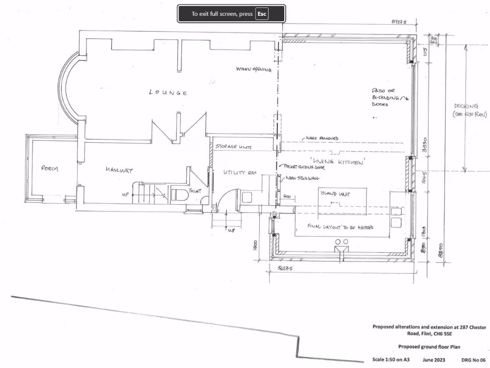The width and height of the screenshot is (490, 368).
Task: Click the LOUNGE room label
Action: (168, 92)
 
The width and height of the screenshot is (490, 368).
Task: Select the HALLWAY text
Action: (119, 170)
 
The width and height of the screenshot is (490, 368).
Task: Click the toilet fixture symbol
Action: (178, 195)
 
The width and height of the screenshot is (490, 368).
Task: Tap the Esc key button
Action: (261, 14)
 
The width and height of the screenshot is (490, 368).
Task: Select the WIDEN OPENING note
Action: (254, 69)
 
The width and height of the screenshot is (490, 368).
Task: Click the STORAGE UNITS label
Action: (233, 147)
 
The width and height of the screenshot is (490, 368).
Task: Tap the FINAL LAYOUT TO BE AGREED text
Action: (341, 227)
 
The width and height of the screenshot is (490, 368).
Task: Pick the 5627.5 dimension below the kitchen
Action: (285, 269)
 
